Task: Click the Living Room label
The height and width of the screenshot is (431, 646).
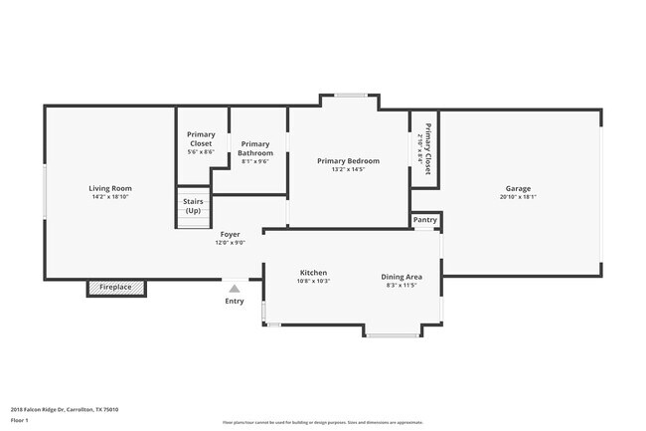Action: point(109,188)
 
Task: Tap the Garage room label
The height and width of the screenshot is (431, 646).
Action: point(518,188)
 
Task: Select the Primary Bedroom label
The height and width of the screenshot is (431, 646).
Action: point(348,160)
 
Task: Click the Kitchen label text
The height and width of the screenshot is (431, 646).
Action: point(314,273)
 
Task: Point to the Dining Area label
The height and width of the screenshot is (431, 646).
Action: point(402,277)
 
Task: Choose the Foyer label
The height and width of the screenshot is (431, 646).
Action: point(230,235)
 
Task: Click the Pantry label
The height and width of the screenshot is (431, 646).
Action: point(425,220)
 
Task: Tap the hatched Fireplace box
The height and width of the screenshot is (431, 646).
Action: point(116,288)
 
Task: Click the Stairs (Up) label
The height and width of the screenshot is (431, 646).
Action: point(193,206)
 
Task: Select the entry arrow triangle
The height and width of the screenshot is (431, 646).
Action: point(235,288)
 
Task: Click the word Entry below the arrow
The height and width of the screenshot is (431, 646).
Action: point(235,301)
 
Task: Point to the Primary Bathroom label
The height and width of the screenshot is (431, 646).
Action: point(255,148)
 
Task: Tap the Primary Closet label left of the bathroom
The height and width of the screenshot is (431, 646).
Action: point(202,139)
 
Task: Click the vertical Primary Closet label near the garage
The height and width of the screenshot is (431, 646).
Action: point(428,148)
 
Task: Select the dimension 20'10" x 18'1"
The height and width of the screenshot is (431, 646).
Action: point(518,197)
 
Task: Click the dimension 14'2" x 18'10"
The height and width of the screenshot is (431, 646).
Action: point(109,197)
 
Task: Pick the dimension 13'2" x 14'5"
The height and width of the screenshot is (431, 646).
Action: point(348,169)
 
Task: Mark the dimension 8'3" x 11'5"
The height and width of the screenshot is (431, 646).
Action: point(402,286)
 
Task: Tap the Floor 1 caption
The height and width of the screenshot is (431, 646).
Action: point(20,420)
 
